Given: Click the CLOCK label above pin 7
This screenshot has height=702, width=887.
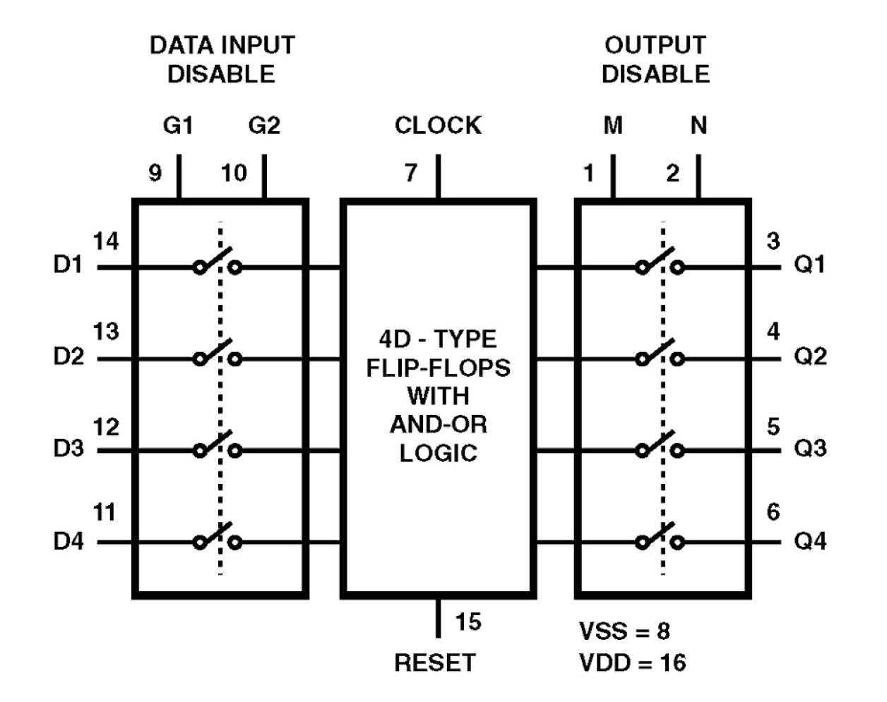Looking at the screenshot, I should (438, 126).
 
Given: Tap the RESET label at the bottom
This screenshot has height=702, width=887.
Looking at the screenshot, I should (434, 662).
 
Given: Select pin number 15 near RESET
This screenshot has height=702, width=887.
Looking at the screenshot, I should (468, 622).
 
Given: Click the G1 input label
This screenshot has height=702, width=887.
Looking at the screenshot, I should (178, 126).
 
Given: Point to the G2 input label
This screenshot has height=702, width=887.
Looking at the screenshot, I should (264, 126).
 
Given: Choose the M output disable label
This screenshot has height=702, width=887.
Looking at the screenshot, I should (613, 126).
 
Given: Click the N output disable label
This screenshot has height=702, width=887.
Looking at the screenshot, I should (698, 126).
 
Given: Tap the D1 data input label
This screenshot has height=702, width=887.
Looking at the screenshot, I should (68, 266).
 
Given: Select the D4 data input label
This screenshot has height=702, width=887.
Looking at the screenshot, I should (68, 542).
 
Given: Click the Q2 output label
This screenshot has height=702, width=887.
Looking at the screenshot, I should (810, 357).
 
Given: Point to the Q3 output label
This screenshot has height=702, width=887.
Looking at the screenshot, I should (810, 449).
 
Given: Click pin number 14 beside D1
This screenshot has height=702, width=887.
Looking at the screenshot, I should (106, 242).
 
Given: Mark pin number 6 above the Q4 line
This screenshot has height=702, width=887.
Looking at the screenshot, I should (773, 512).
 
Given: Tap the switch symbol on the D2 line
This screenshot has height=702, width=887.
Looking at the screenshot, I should (218, 353).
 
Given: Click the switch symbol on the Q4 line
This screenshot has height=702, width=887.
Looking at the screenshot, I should (660, 538).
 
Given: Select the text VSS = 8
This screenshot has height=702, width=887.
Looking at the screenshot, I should (624, 631).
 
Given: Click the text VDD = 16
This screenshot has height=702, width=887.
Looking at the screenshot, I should (632, 662).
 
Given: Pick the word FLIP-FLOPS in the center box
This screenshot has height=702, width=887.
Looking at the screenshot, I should (438, 368).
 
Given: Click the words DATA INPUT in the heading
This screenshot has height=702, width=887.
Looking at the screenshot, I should (222, 45).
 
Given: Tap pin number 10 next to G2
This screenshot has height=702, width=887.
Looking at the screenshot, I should (234, 173).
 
